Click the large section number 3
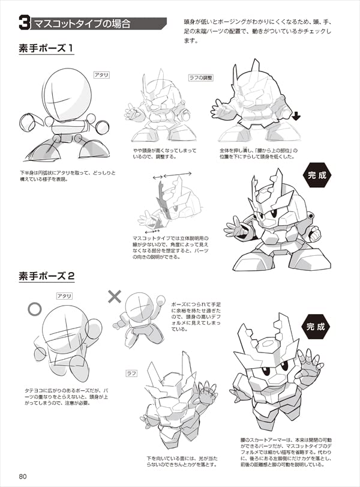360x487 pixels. tap(25, 23)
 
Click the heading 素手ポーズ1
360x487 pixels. tap(46, 48)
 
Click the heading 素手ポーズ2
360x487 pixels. tap(47, 276)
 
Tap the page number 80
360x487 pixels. tap(23, 476)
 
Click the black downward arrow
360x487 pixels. tap(296, 116)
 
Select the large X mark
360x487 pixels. tap(114, 296)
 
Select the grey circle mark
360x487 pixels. tap(34, 309)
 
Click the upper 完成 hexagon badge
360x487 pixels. tap(317, 175)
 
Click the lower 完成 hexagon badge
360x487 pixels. tap(316, 327)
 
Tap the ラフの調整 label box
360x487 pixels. tap(201, 77)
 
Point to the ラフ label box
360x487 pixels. tap(131, 374)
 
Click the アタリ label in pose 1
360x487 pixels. tap(101, 74)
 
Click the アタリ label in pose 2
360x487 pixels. tap(64, 296)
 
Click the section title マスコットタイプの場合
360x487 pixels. tap(82, 23)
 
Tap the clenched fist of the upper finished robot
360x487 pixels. tap(314, 233)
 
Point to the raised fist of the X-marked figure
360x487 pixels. tap(161, 300)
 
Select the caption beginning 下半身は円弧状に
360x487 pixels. tap(68, 176)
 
